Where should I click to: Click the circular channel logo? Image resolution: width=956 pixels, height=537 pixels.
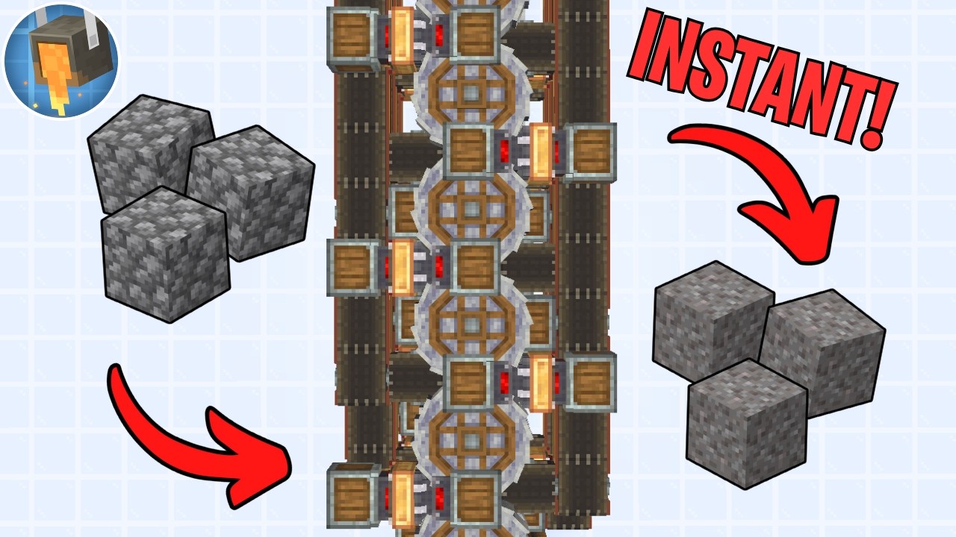[x=61, y=61]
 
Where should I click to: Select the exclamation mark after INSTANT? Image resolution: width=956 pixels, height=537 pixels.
[x=882, y=115]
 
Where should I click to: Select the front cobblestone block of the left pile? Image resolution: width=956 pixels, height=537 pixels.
[x=166, y=254]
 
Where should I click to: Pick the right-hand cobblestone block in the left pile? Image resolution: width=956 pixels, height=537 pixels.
[x=252, y=192]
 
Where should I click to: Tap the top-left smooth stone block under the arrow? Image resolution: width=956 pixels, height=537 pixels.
[x=712, y=320]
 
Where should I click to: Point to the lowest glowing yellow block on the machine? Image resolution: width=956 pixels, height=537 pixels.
[x=402, y=499]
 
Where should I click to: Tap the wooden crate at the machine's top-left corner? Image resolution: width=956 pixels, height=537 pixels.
[x=353, y=36]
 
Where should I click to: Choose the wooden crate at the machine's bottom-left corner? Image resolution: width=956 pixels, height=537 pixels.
[x=353, y=497]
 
